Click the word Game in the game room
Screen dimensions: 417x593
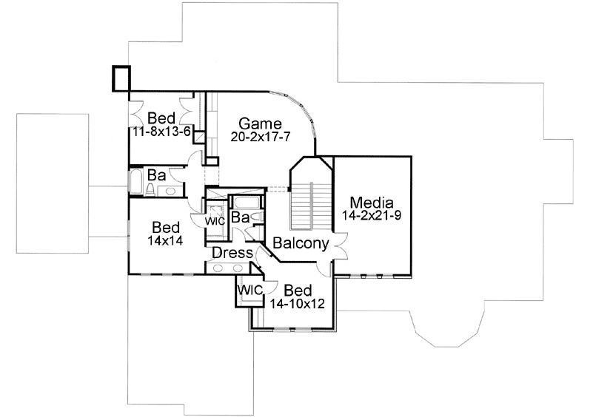[x=259, y=123]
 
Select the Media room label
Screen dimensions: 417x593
[x=373, y=203]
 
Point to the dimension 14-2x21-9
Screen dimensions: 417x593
[x=373, y=216]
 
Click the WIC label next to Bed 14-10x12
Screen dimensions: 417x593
[x=249, y=290]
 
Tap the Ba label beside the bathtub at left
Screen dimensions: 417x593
[x=155, y=176]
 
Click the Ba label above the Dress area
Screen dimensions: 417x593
[x=239, y=217]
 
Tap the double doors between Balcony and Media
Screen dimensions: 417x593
[x=341, y=245]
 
